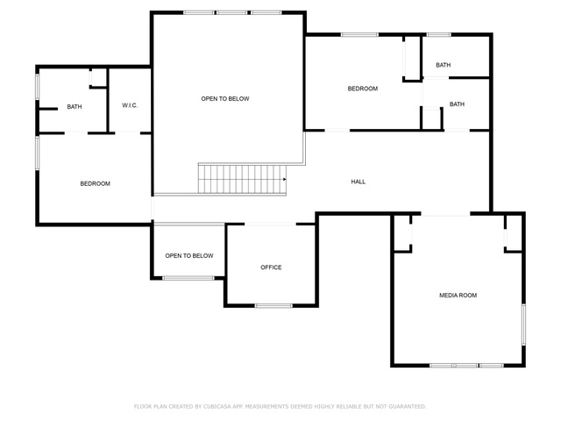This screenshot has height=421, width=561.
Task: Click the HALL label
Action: click(x=359, y=182)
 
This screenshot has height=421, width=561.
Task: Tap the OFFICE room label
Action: click(x=271, y=268)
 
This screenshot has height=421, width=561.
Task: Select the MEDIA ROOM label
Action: click(x=458, y=296)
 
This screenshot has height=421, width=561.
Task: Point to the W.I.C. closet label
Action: click(x=130, y=105)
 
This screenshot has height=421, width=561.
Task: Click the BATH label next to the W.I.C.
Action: click(x=75, y=107)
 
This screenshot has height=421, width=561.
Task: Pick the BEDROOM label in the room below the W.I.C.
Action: click(x=96, y=183)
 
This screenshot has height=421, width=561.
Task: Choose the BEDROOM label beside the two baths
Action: click(x=363, y=89)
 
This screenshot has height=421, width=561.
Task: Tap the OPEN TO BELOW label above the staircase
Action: click(x=225, y=99)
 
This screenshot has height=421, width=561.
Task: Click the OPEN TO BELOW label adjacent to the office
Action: click(x=189, y=255)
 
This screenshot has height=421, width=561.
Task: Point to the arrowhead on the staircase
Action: click(x=284, y=179)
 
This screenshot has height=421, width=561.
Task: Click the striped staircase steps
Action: click(x=242, y=179)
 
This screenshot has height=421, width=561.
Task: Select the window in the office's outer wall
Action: click(x=273, y=306)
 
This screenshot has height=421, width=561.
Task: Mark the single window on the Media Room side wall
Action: click(x=523, y=325)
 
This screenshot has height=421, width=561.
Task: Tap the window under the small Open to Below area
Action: click(x=188, y=278)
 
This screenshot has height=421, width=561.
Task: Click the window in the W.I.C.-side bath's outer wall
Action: click(x=37, y=87)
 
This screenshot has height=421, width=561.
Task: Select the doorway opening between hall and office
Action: click(x=270, y=225)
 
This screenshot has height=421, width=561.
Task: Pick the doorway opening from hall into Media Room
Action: click(x=445, y=214)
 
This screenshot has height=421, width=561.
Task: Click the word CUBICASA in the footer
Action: click(x=217, y=407)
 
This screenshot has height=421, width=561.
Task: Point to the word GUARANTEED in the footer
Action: click(x=408, y=407)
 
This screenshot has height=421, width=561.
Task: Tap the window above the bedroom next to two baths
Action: click(x=359, y=35)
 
